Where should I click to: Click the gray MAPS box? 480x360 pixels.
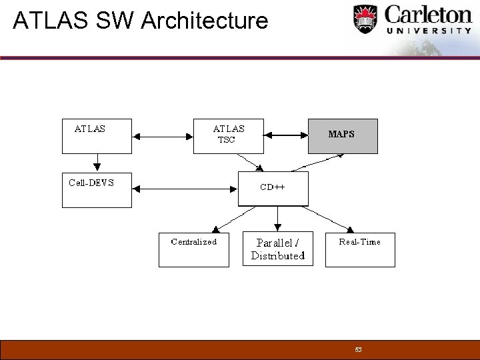[343, 136]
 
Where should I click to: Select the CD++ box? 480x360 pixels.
[273, 189]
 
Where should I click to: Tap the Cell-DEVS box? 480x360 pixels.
[97, 190]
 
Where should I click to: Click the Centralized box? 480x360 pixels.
[193, 250]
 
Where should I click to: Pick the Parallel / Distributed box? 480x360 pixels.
[277, 250]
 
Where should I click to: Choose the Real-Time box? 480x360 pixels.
[360, 250]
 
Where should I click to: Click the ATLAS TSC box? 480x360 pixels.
[229, 136]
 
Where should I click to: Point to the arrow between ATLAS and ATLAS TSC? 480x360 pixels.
[163, 136]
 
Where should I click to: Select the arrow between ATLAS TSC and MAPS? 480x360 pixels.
[286, 136]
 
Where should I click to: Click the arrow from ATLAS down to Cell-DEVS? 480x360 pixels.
[97, 162]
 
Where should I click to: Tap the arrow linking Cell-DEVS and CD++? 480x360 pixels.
[185, 189]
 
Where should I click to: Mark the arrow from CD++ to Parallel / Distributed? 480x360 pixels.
[277, 219]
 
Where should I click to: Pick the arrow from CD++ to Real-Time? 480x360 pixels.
[323, 218]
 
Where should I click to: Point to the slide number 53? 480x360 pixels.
[358, 349]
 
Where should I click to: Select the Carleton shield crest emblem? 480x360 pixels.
[365, 18]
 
